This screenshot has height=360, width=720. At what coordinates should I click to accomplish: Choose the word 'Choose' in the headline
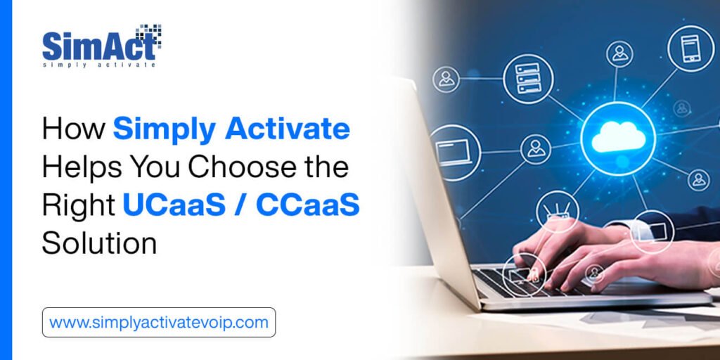click(238, 168)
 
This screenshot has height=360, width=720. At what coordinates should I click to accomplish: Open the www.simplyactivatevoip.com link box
click(159, 323)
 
